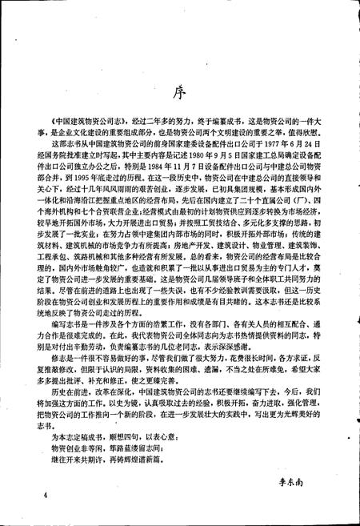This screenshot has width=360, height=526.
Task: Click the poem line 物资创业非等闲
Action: click(x=78, y=450)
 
